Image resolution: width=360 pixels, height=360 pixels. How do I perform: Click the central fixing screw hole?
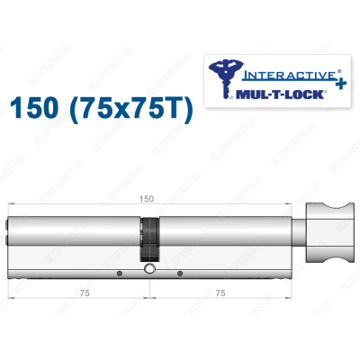pyautogui.click(x=148, y=270)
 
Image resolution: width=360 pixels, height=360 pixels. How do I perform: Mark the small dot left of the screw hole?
pyautogui.click(x=118, y=272)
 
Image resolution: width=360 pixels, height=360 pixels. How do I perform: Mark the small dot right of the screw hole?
pyautogui.click(x=180, y=272)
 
